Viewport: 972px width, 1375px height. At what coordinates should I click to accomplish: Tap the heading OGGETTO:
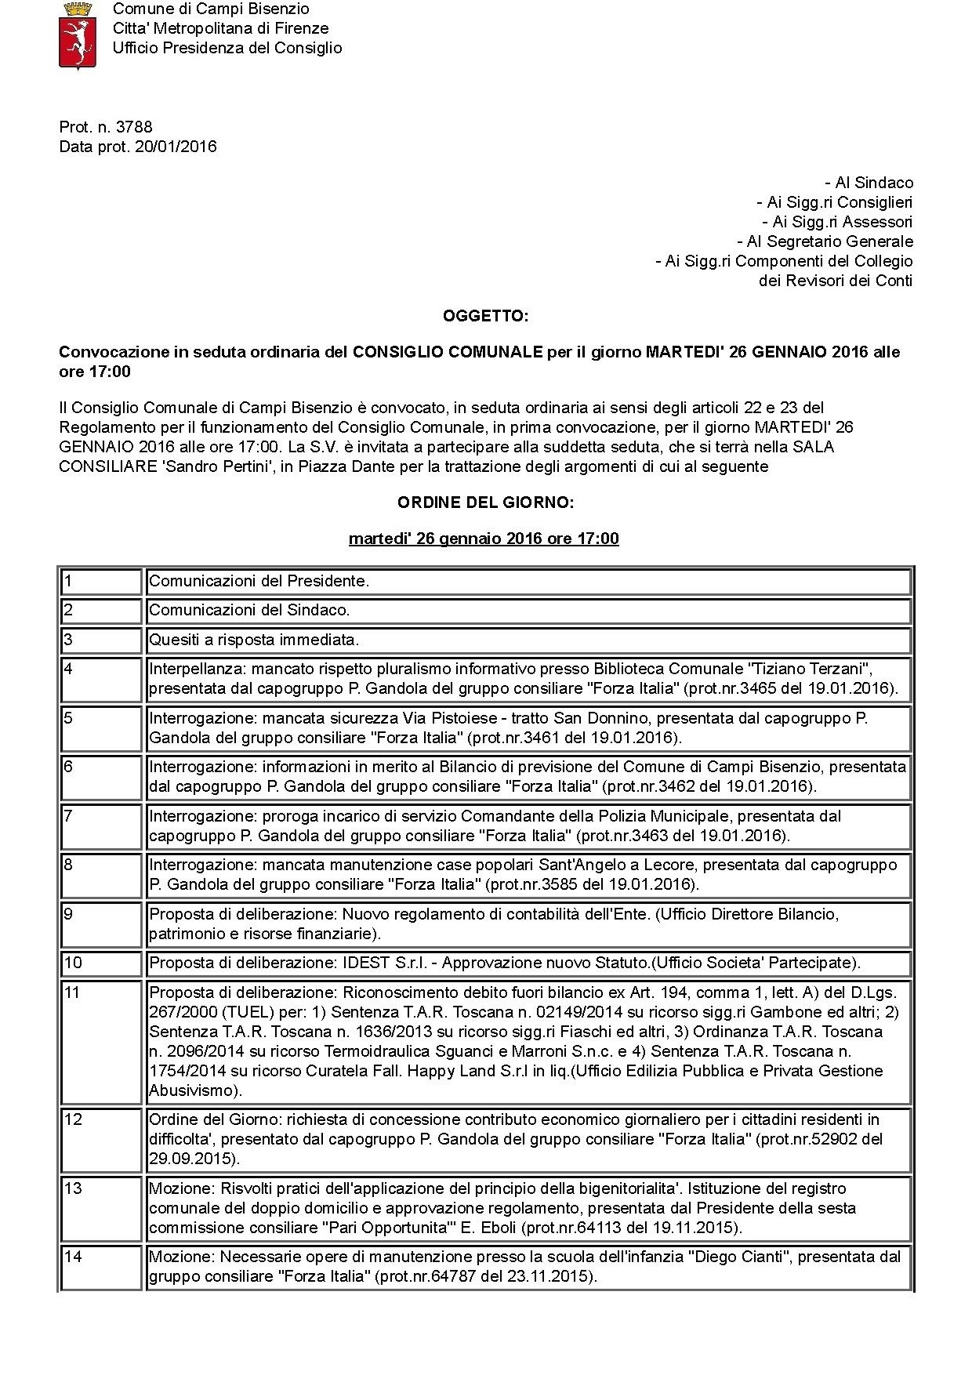pos(485,316)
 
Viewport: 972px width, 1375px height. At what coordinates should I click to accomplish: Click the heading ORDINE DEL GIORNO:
pos(485,502)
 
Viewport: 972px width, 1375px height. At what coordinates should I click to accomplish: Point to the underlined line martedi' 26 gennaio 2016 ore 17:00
pos(484,539)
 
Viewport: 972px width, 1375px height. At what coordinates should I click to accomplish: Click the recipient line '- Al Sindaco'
pos(869,183)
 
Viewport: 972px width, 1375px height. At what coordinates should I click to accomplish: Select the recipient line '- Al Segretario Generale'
pos(825,241)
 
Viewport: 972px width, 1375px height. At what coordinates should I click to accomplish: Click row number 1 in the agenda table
pos(68,581)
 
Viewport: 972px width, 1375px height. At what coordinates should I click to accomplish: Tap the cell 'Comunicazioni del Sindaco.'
pos(249,610)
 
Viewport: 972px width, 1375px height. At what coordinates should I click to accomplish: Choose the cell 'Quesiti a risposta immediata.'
pos(254,640)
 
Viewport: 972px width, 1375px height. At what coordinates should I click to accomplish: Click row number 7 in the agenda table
pos(68,816)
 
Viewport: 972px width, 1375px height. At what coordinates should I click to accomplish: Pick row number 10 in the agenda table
pos(72,963)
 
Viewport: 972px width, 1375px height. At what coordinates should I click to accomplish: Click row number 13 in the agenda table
pos(72,1188)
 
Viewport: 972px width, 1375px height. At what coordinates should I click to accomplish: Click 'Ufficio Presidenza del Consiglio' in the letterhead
pos(227,48)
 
